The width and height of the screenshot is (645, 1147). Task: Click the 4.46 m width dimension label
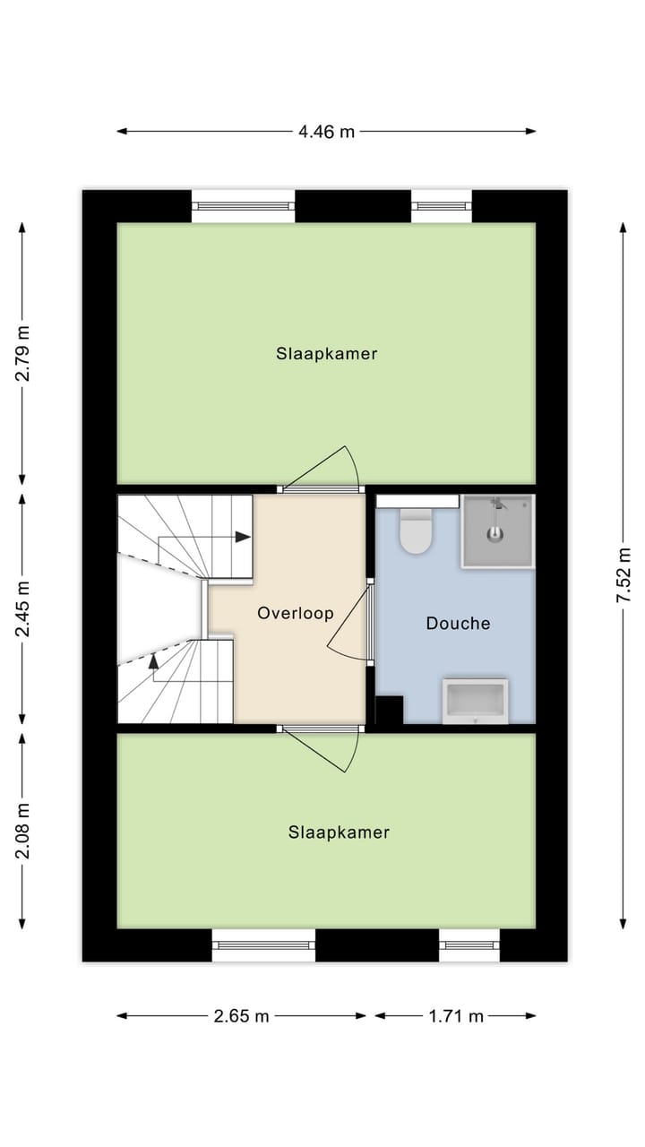(326, 132)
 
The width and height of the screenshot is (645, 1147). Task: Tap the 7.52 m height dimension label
(623, 574)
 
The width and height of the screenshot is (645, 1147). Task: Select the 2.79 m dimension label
(23, 353)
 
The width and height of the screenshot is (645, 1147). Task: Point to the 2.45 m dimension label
(23, 608)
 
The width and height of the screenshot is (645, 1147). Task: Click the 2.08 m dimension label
(23, 831)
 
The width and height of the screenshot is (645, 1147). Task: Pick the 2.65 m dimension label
(242, 1016)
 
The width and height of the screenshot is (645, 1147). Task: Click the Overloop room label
(295, 614)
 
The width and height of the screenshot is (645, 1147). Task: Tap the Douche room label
(458, 623)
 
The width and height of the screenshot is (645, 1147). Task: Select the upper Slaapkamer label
(326, 353)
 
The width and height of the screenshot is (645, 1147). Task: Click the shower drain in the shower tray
(495, 534)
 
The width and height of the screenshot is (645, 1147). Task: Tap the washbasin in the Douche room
(476, 701)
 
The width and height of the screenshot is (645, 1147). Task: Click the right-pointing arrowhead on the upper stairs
(243, 537)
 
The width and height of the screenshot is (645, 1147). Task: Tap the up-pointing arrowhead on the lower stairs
(153, 661)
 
